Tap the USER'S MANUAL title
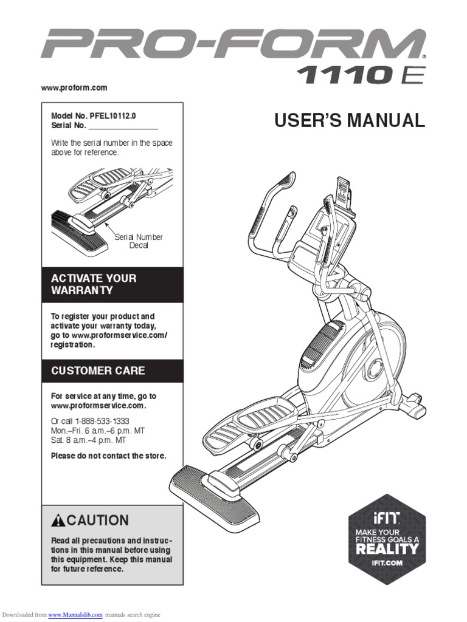point(349,120)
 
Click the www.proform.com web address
point(74,88)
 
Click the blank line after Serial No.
point(123,126)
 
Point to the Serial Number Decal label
point(139,241)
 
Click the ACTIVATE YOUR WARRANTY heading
point(94,284)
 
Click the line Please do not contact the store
point(108,456)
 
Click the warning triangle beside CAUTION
point(58,520)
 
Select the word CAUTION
point(98,520)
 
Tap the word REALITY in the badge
point(387,549)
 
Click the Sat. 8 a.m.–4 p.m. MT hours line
point(89,440)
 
